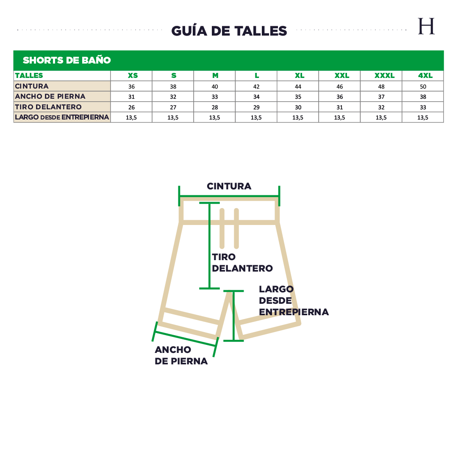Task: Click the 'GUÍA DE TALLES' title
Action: (x=229, y=31)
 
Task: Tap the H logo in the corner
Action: (x=426, y=26)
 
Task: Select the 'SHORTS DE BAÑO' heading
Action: (x=67, y=60)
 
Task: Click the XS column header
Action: (x=133, y=75)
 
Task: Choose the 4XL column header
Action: (x=425, y=75)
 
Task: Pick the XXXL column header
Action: (x=384, y=75)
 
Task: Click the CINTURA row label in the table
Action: (x=32, y=86)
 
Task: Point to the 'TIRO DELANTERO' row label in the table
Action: (x=48, y=107)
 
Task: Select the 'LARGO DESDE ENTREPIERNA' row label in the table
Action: (x=62, y=117)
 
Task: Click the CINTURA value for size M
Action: (x=215, y=86)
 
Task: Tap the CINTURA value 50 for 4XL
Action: (x=423, y=86)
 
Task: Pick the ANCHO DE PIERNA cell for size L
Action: (x=256, y=97)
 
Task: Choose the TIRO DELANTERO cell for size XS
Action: (x=131, y=107)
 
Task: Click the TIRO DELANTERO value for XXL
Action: (x=339, y=107)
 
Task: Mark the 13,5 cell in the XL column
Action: (x=298, y=117)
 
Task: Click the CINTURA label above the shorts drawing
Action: (x=229, y=186)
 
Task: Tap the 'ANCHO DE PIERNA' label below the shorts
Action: (x=181, y=355)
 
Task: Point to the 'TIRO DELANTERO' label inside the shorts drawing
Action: (x=242, y=263)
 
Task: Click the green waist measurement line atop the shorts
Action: (x=229, y=196)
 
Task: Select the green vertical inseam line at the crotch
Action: (x=233, y=316)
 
